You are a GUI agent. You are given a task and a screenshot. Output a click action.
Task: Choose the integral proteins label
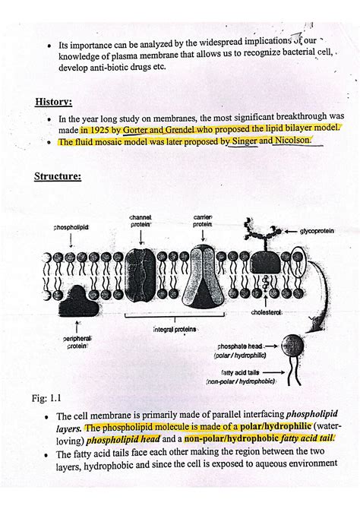click(175, 330)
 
